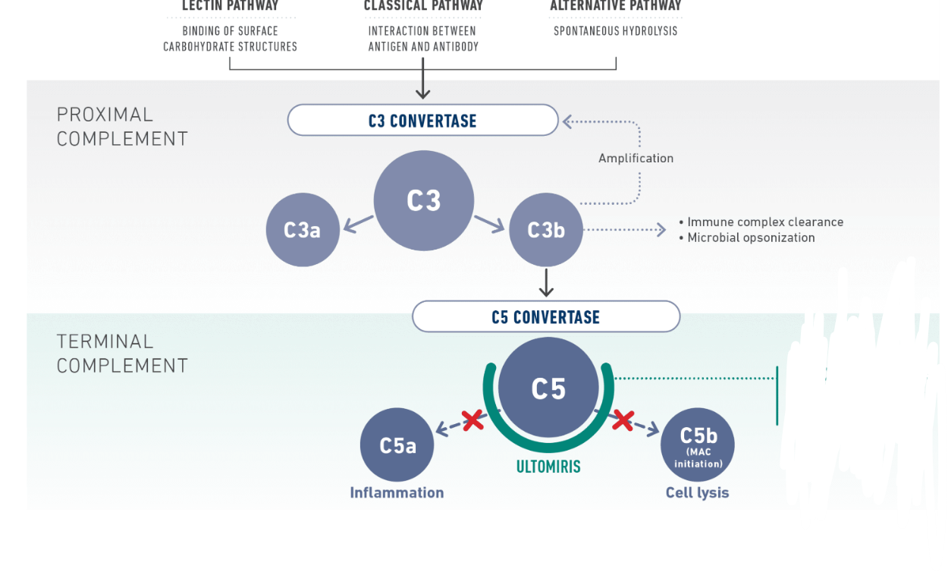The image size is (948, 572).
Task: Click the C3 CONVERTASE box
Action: [x=422, y=121]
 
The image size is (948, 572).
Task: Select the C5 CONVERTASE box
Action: [x=545, y=316]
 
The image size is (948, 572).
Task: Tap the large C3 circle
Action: [x=423, y=200]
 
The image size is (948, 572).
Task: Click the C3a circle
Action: [x=302, y=230]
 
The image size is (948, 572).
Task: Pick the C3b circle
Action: [x=545, y=230]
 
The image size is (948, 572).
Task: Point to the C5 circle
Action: [x=548, y=388]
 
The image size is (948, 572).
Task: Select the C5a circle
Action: [x=397, y=445]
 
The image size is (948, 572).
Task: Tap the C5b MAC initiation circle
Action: [x=698, y=445]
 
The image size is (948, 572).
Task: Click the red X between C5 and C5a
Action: [x=472, y=420]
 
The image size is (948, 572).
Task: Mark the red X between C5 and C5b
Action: [x=623, y=420]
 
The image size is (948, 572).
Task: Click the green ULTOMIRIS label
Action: [x=548, y=467]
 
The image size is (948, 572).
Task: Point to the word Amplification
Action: [x=636, y=159]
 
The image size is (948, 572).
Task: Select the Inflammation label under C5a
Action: [x=397, y=493]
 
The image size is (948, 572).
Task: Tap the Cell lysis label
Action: [x=697, y=493]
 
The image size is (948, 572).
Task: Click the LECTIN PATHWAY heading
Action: [x=230, y=6]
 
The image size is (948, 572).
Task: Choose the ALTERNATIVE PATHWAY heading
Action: [x=616, y=6]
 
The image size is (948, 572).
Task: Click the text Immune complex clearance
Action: [x=764, y=222]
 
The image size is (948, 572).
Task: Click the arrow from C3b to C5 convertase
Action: [x=545, y=281]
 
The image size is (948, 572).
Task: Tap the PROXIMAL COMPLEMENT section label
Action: [x=122, y=127]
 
